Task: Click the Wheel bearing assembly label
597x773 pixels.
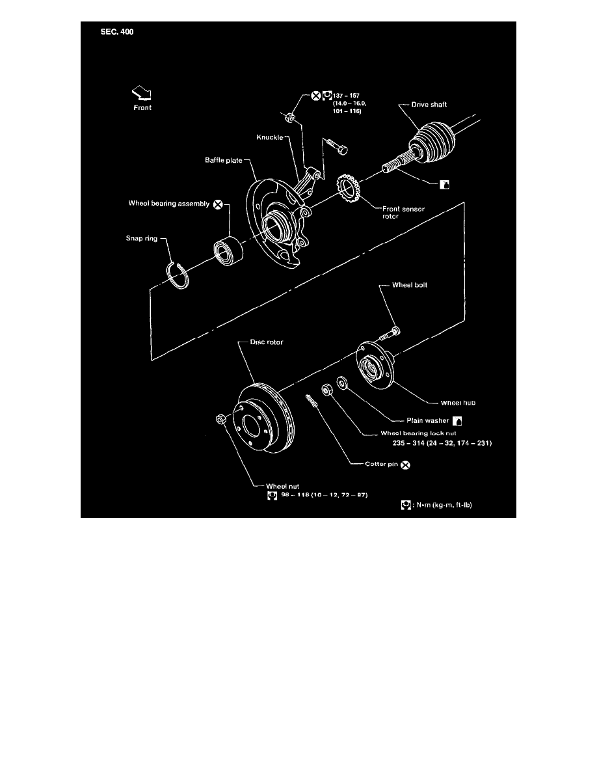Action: [168, 204]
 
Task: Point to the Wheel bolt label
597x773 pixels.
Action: [410, 285]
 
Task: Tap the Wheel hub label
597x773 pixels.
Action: [441, 402]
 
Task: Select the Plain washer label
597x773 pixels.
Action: [427, 420]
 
